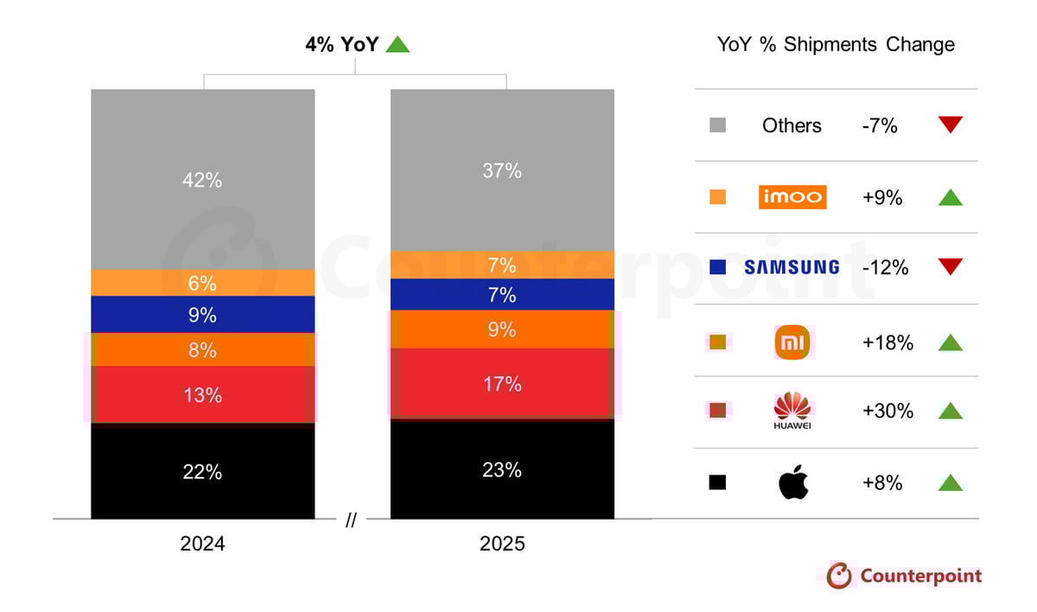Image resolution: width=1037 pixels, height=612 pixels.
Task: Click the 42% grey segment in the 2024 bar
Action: pos(202,180)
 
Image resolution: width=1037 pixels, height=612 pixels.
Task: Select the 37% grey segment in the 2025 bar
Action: pos(502,170)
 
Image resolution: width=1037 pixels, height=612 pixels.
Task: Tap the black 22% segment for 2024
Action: pos(202,472)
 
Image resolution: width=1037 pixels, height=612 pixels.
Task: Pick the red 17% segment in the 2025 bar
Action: pos(502,384)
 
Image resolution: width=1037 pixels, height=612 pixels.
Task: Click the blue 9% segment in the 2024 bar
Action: pos(202,315)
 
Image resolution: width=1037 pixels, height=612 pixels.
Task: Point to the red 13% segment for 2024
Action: pos(202,395)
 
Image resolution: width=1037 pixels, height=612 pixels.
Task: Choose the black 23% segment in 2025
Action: pos(502,469)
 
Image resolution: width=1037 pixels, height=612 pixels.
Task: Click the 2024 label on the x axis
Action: pos(202,545)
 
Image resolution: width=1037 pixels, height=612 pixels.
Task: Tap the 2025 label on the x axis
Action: pos(502,545)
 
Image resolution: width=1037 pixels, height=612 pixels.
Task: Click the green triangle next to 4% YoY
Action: pos(398,44)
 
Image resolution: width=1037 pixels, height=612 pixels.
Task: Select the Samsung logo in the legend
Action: pos(792,268)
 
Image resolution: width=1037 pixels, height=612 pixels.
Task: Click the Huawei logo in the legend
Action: pos(792,411)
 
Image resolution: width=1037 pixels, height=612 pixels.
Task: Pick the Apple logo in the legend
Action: pos(792,483)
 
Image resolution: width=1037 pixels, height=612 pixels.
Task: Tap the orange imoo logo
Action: pos(792,197)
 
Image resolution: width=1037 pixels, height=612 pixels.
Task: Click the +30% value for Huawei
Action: pos(887,411)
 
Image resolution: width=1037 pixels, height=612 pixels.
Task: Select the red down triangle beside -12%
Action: pos(951,267)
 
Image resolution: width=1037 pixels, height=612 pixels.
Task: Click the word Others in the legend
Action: pos(792,126)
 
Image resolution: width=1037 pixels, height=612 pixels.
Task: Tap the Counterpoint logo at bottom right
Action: pos(904,576)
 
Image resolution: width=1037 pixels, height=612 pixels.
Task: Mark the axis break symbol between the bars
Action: pos(351,520)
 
